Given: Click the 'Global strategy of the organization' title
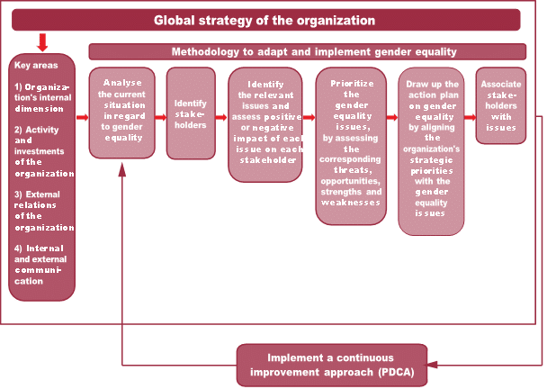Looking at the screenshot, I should pyautogui.click(x=264, y=20).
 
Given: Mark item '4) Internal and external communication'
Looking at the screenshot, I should pyautogui.click(x=40, y=264).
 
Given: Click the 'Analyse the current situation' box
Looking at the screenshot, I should pyautogui.click(x=122, y=113).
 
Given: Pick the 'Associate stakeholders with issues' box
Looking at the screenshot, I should pyautogui.click(x=501, y=106).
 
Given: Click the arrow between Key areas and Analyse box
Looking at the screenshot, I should pyautogui.click(x=82, y=117).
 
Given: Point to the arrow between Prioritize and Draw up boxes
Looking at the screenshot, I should pyautogui.click(x=391, y=117).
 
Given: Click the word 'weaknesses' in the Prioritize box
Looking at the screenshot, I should pyautogui.click(x=351, y=204).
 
